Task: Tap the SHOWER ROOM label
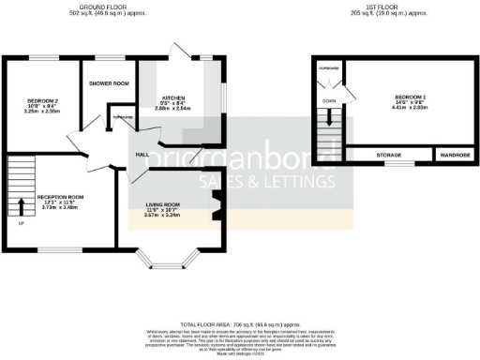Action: click(x=109, y=83)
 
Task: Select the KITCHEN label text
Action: click(x=174, y=98)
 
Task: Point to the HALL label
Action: click(x=142, y=154)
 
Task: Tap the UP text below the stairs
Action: click(x=21, y=223)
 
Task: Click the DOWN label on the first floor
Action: click(x=328, y=100)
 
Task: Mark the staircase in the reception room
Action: click(x=22, y=178)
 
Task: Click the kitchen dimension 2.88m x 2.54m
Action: click(x=174, y=109)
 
